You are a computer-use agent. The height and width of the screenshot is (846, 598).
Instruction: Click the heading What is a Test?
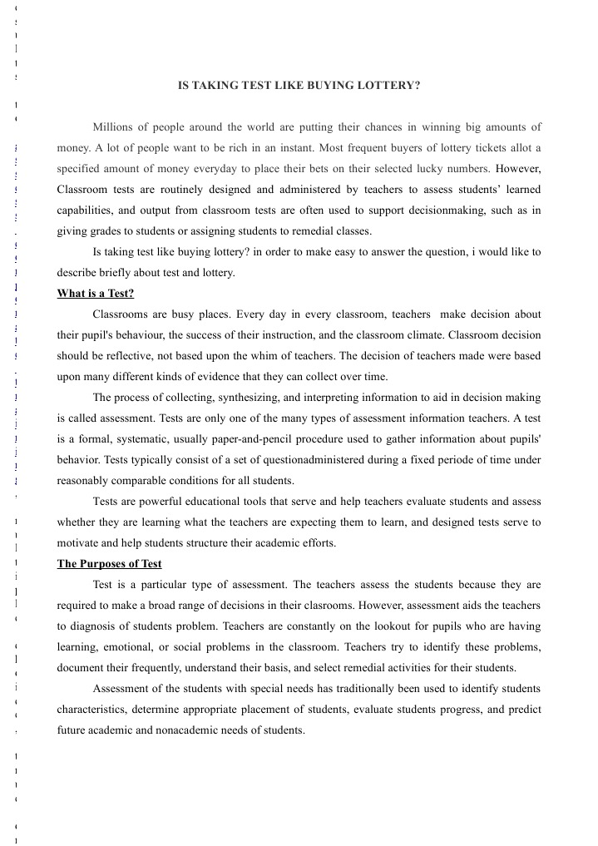click(x=95, y=294)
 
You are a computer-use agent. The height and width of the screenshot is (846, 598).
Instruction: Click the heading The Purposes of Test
click(x=109, y=564)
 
